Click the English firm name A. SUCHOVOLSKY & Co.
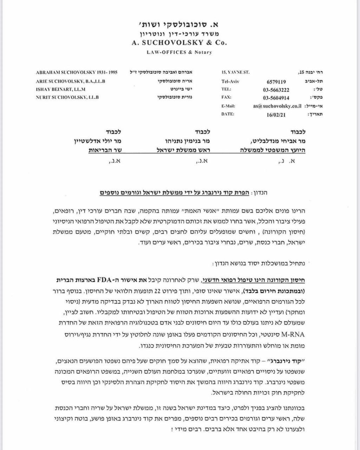click(x=179, y=43)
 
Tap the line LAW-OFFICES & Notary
click(x=179, y=52)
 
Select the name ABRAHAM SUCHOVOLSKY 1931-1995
click(x=77, y=72)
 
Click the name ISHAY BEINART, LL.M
click(x=60, y=89)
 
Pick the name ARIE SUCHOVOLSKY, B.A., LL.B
click(x=71, y=81)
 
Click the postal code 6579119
click(x=276, y=81)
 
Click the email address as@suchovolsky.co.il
click(x=277, y=106)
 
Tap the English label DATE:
click(x=228, y=114)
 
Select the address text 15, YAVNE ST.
click(x=235, y=72)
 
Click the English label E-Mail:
click(x=228, y=106)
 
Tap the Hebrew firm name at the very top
click(x=179, y=25)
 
